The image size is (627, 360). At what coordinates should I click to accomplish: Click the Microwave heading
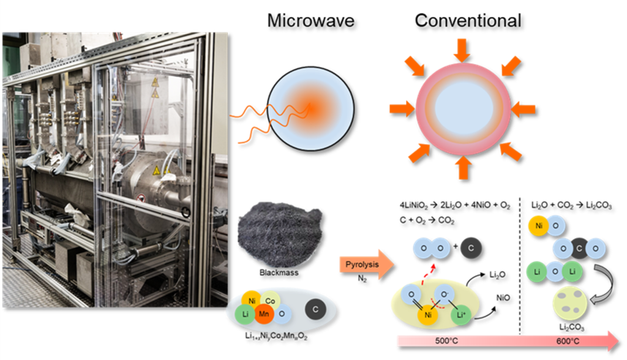(310, 20)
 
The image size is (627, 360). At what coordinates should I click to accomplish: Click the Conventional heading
(468, 20)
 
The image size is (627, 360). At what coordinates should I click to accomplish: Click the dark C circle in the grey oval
(315, 309)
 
